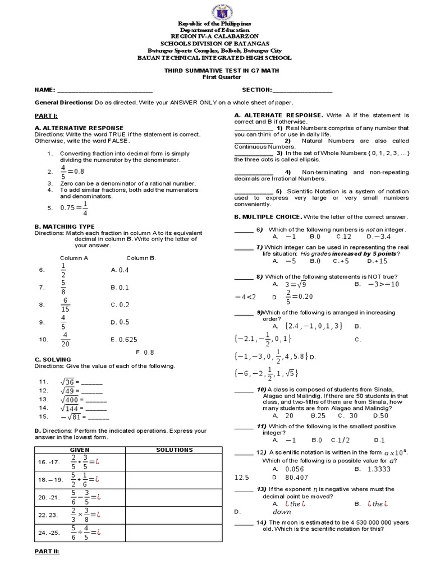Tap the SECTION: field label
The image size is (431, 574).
point(257,90)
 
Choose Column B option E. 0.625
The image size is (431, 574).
point(124,339)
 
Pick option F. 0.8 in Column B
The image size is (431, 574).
point(144,353)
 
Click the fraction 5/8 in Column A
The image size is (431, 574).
point(63,287)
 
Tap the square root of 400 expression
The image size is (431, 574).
point(71,399)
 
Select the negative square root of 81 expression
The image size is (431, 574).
point(70,416)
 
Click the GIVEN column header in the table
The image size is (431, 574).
point(79,450)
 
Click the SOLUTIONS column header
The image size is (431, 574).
point(174,450)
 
